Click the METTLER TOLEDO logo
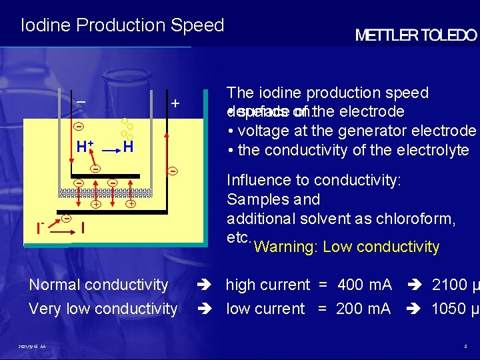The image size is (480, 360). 415,35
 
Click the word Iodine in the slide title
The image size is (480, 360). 46,25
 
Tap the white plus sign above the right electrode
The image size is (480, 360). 175,104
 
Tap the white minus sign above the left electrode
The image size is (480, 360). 81,102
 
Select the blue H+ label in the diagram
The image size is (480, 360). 84,147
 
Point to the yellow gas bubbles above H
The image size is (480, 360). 127,127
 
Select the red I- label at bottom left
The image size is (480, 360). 41,229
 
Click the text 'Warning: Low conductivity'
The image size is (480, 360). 347,247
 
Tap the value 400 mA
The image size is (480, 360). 364,285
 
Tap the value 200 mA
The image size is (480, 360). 364,309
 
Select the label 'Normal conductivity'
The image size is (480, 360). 99,285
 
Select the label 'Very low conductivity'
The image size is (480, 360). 103,309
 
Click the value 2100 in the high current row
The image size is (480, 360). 449,285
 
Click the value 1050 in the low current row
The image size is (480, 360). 449,309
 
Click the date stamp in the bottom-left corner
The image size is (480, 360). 33,347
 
